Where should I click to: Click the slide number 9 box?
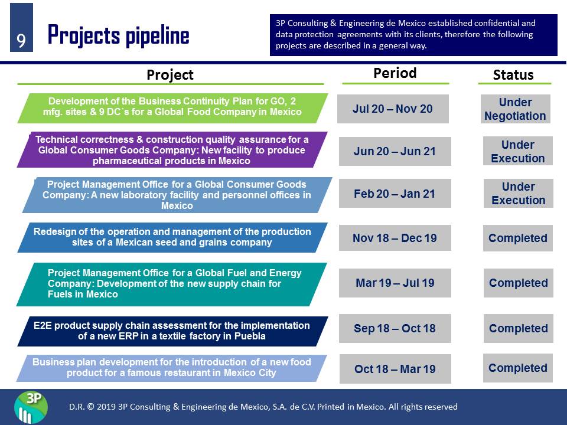(21, 28)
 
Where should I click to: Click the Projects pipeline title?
(118, 35)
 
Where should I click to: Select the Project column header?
(170, 75)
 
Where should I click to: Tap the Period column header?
(395, 73)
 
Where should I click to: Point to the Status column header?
(513, 75)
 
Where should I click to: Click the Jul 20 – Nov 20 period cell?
(393, 109)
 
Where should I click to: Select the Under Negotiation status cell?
(515, 109)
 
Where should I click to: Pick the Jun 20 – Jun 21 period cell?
(395, 151)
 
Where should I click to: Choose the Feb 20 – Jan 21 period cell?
(395, 194)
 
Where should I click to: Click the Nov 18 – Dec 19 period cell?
(395, 238)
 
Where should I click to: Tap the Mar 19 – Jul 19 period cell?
(395, 283)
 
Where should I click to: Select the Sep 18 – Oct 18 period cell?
(395, 329)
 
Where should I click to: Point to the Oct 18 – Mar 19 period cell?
(395, 368)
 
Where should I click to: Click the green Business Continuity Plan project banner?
(172, 108)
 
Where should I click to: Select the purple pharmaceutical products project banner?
(172, 149)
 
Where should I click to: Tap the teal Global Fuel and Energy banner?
(172, 285)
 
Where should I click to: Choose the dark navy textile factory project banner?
(172, 331)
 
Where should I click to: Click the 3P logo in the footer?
(31, 407)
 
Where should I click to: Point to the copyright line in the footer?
(263, 407)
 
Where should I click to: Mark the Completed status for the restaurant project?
(518, 368)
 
